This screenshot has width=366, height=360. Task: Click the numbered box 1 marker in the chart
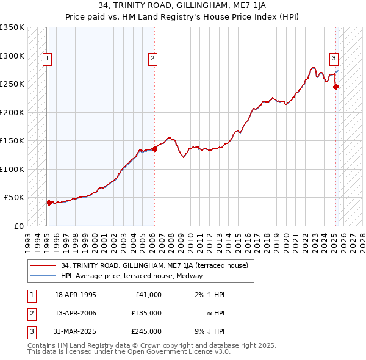pos(47,59)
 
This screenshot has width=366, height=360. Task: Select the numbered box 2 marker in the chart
pos(152,59)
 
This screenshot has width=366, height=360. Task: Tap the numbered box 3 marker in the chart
pos(334,59)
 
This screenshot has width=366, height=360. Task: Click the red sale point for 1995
pos(49,203)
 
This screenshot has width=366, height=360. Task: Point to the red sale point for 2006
pos(154,149)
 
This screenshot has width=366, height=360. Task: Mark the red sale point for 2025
pos(335,87)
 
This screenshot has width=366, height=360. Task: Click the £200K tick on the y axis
pos(12,112)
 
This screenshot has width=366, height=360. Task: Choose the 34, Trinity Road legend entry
pos(154,265)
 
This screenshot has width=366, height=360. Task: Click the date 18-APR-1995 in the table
pos(76,295)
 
